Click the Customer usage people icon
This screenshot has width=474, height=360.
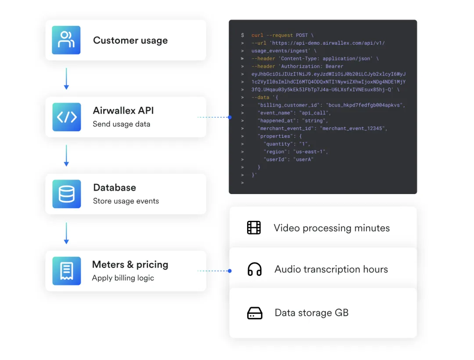(x=66, y=40)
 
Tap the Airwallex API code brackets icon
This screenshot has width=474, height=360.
(x=67, y=117)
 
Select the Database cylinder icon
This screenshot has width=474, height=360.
(x=67, y=194)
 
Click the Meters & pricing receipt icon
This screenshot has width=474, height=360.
(x=67, y=270)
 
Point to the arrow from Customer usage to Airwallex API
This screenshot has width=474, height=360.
(x=66, y=79)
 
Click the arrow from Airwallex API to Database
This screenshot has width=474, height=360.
(x=66, y=155)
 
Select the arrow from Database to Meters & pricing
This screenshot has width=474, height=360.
(x=66, y=233)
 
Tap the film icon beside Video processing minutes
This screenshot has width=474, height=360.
(x=254, y=227)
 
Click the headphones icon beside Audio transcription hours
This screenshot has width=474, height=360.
(x=255, y=269)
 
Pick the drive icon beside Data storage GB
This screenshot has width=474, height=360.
(x=255, y=313)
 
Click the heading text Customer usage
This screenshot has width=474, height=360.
(x=130, y=40)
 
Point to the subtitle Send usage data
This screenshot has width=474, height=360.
(x=121, y=124)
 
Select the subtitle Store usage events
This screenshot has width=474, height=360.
(x=126, y=201)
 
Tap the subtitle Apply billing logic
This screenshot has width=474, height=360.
(x=123, y=278)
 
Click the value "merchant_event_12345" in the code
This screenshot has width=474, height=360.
(x=354, y=128)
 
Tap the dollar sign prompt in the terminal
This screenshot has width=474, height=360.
(x=242, y=35)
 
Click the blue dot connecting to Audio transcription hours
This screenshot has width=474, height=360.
(x=230, y=271)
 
